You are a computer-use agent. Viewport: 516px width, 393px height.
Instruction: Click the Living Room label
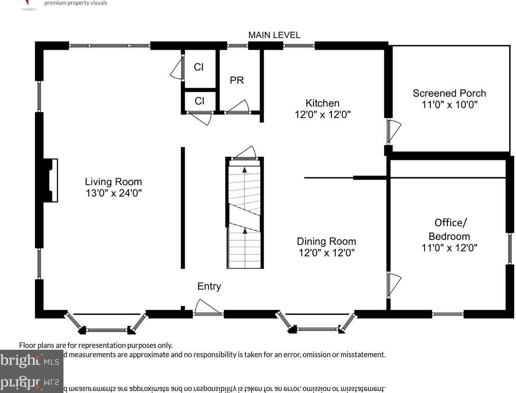[x=113, y=182]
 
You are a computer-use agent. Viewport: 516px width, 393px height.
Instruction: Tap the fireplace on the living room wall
[x=51, y=180]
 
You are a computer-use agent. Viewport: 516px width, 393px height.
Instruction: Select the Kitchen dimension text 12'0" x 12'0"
[x=323, y=114]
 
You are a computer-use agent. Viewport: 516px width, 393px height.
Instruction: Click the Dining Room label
[x=326, y=241]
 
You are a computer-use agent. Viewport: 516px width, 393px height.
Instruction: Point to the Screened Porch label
[x=449, y=93]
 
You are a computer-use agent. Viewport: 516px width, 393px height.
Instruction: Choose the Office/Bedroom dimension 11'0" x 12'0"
[x=449, y=248]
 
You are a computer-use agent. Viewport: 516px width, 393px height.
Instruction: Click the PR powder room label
[x=237, y=80]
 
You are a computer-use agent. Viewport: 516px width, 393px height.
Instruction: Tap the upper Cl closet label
[x=199, y=67]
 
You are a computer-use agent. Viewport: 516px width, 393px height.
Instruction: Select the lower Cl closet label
[x=199, y=101]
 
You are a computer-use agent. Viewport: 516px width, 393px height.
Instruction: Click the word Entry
[x=209, y=286]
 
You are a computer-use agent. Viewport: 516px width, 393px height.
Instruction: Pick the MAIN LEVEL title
[x=274, y=35]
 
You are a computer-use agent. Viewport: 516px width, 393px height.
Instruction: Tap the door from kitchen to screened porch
[x=393, y=131]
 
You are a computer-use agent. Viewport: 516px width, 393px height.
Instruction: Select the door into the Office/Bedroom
[x=393, y=284]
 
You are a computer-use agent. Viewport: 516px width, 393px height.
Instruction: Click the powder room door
[x=238, y=107]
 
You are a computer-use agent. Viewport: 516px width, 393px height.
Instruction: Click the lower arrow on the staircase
[x=245, y=231]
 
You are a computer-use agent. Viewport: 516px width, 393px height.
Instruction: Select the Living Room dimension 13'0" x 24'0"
[x=114, y=193]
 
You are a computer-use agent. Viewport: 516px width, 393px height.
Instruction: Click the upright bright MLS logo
[x=30, y=361]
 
